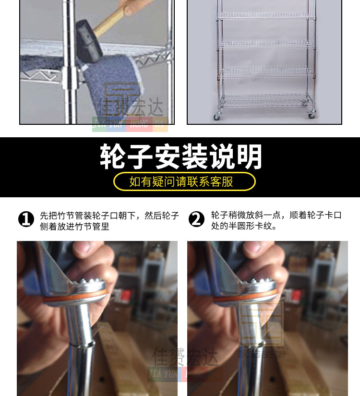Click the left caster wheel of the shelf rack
(x=217, y=116)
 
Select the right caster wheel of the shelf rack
(x=311, y=115)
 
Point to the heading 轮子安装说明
(x=180, y=156)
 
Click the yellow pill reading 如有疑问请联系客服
(x=184, y=181)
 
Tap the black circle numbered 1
(x=26, y=219)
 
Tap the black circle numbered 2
(x=196, y=219)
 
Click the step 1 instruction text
(x=109, y=220)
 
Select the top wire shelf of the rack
(x=265, y=16)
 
